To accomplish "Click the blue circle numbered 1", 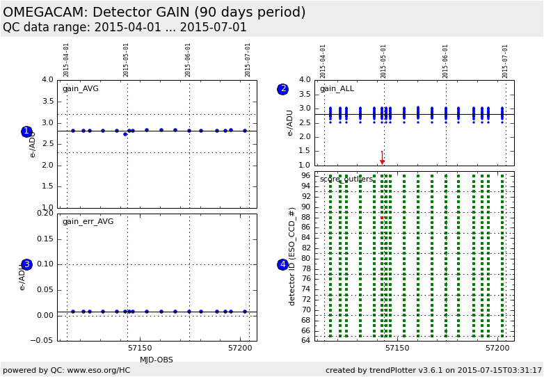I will [x=26, y=131].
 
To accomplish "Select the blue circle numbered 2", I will [x=282, y=89].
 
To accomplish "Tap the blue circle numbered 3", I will [x=26, y=264].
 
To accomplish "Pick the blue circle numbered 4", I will [x=282, y=264].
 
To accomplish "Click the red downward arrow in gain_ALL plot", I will [x=382, y=159].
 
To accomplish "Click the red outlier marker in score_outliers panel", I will [x=382, y=218].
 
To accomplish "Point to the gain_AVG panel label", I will [x=81, y=89].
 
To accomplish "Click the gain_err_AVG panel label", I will [x=88, y=222].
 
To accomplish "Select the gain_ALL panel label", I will [x=337, y=89].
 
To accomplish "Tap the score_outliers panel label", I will [x=346, y=179].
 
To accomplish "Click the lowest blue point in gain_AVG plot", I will [x=125, y=134].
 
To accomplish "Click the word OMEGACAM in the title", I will [x=44, y=13].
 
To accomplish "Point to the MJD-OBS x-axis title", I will [x=157, y=360].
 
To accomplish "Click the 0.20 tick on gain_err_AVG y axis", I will [x=45, y=214].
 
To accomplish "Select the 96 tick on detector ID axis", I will [x=305, y=175].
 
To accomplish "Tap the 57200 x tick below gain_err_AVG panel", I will [x=240, y=347].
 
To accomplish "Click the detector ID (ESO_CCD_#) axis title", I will [x=293, y=255].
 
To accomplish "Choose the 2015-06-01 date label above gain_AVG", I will [x=188, y=60].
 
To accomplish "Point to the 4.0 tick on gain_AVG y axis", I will [x=47, y=80].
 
